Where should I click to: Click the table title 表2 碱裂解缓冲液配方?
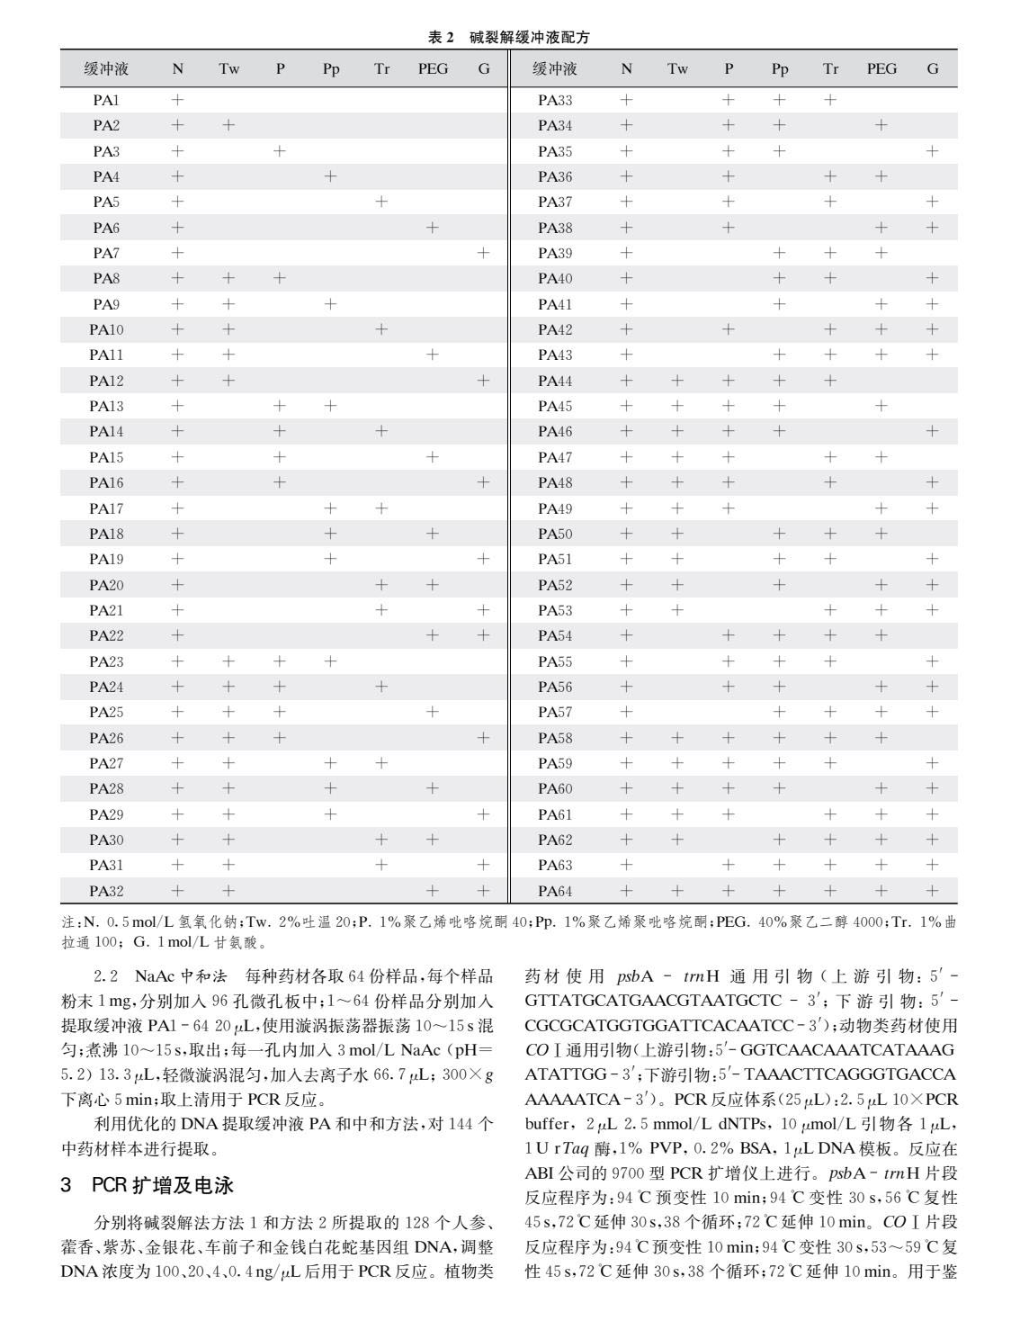[x=509, y=37]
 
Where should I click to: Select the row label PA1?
[x=106, y=100]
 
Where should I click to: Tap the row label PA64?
[x=555, y=891]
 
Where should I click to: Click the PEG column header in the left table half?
[x=433, y=68]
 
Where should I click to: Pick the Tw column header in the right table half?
[x=677, y=68]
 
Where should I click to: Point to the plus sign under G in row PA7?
[x=484, y=253]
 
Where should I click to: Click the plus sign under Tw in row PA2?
[x=228, y=125]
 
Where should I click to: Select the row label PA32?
[x=106, y=891]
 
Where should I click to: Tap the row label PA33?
[x=555, y=100]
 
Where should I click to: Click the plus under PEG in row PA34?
[x=881, y=125]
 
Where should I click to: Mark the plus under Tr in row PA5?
[x=381, y=202]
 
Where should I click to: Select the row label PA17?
[x=106, y=508]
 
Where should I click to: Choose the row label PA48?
[x=555, y=482]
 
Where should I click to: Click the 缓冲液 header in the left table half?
[x=106, y=68]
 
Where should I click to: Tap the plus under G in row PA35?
[x=933, y=151]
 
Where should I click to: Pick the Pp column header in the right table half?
[x=780, y=68]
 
